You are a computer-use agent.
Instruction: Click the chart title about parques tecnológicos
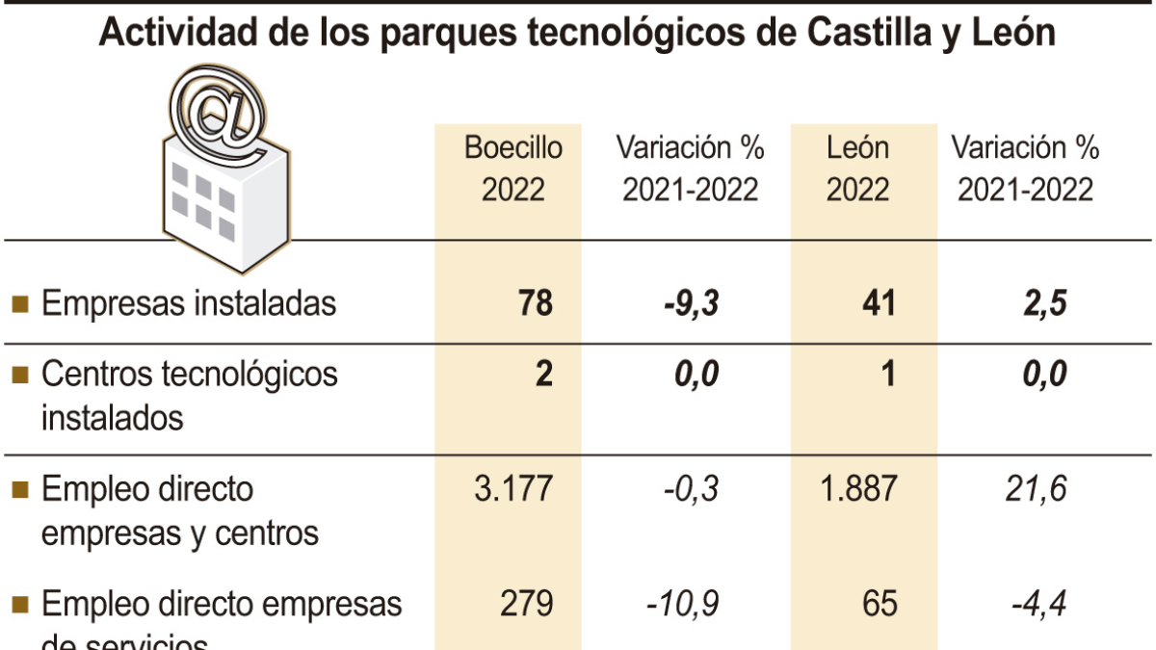click(578, 34)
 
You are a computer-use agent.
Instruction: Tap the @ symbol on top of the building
click(219, 113)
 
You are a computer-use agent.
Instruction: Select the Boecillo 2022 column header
click(512, 169)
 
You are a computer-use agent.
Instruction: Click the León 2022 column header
click(857, 169)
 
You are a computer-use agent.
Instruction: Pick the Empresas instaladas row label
click(189, 303)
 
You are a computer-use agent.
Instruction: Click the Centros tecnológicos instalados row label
click(189, 395)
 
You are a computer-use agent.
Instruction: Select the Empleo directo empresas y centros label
click(179, 510)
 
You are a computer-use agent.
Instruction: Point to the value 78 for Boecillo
click(535, 303)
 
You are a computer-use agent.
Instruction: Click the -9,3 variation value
click(690, 303)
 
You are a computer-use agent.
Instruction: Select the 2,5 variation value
click(1044, 303)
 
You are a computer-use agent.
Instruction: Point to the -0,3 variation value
click(690, 488)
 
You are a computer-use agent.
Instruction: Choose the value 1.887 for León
click(856, 488)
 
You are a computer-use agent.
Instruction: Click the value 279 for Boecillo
click(527, 604)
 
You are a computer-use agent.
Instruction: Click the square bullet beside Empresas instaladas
click(19, 304)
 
